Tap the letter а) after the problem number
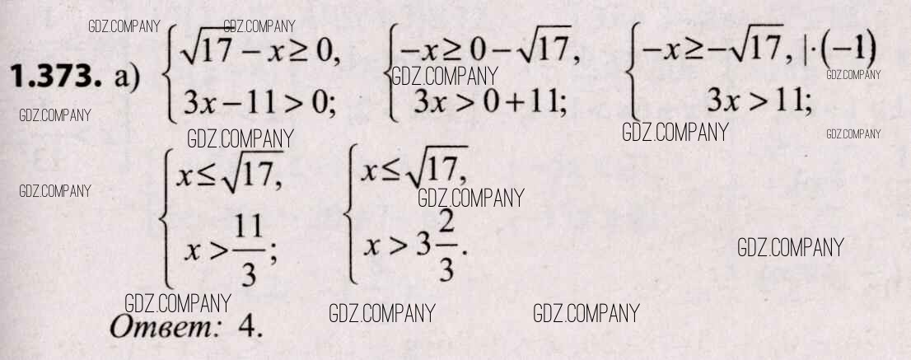point(127,78)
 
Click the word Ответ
point(163,328)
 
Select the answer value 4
point(250,328)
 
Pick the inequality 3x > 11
point(759,102)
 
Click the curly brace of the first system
point(170,73)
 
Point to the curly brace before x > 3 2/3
point(350,215)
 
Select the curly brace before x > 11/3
point(166,217)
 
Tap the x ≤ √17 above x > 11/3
point(230,172)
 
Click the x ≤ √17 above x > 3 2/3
point(413,167)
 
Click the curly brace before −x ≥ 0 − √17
point(391,73)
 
